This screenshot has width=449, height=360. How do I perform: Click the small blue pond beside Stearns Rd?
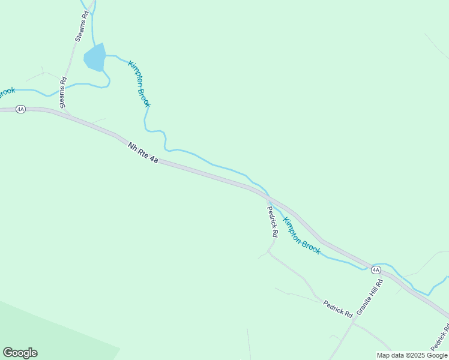click(95, 58)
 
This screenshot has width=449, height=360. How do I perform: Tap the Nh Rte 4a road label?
click(143, 153)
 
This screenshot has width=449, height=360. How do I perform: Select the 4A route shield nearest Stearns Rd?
click(20, 109)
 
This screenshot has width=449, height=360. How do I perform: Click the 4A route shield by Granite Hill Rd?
click(376, 270)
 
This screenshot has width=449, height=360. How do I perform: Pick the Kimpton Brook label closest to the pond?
click(139, 84)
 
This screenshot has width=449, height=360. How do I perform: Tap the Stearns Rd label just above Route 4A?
click(63, 93)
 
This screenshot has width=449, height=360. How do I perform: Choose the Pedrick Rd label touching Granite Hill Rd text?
click(337, 308)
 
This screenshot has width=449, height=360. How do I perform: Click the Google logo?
click(20, 353)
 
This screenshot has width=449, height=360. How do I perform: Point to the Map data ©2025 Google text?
click(412, 355)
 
